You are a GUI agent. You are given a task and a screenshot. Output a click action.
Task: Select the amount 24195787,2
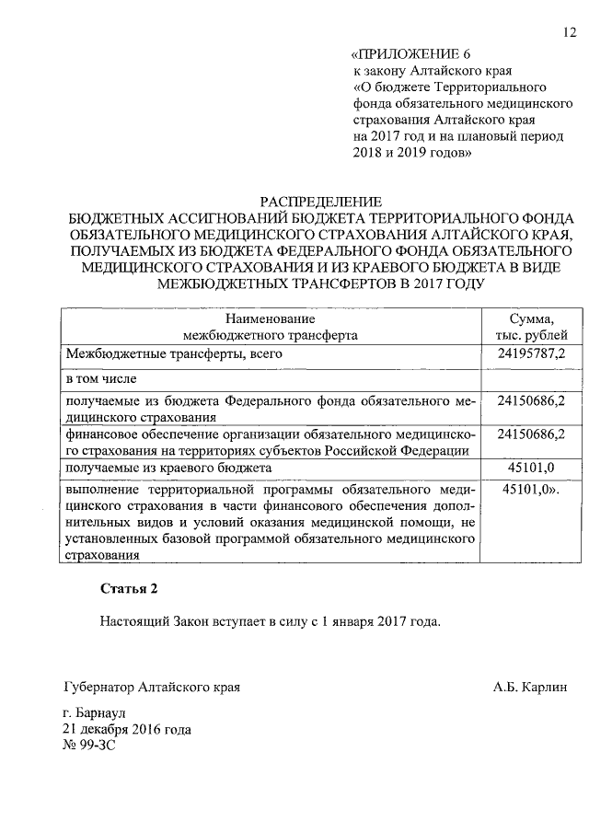tap(532, 353)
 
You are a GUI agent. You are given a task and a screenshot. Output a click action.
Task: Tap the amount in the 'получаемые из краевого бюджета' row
tap(532, 469)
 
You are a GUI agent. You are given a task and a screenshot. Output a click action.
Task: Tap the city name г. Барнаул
tap(95, 714)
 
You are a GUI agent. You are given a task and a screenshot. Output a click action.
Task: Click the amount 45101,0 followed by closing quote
tap(532, 492)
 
